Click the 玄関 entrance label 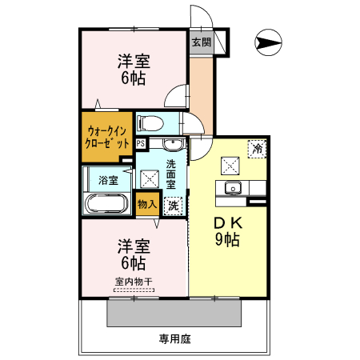tap(201, 42)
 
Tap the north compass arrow tap(269, 42)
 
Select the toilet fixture tap(150, 122)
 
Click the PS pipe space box tap(141, 144)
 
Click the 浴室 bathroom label tap(108, 180)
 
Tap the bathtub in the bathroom tap(107, 203)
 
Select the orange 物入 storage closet tap(147, 205)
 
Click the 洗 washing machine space tap(172, 205)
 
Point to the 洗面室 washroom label tap(171, 174)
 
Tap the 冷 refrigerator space tap(256, 148)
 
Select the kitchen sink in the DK tap(234, 188)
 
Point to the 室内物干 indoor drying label tap(134, 282)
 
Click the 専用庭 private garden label tap(174, 339)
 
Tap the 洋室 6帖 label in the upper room tap(134, 70)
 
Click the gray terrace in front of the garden tap(174, 313)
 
